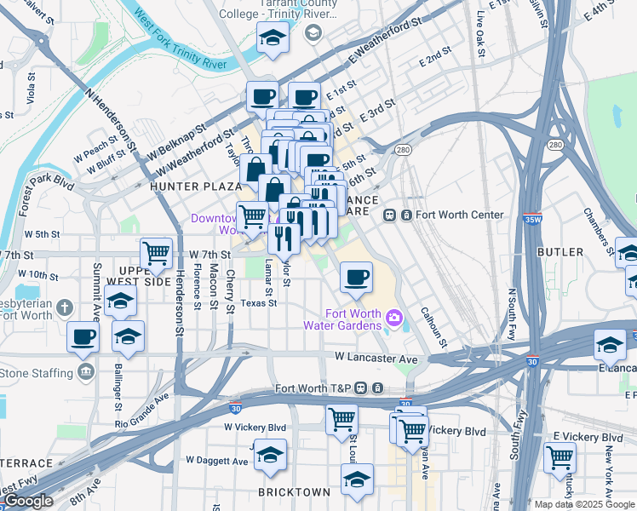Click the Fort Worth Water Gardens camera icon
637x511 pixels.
[x=394, y=319]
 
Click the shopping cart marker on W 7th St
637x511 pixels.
[x=156, y=253]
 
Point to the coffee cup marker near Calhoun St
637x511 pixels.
[x=356, y=277]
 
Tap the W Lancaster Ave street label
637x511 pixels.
[x=376, y=359]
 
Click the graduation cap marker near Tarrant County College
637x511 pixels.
[x=273, y=37]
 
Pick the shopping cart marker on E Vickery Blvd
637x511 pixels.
[x=560, y=458]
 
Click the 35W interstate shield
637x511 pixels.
[x=533, y=219]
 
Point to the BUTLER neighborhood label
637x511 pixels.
[x=560, y=252]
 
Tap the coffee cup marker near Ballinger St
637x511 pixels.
[x=83, y=337]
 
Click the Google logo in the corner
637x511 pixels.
[x=27, y=501]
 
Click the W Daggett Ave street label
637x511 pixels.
[x=217, y=461]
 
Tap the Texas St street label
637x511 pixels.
[x=258, y=302]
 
